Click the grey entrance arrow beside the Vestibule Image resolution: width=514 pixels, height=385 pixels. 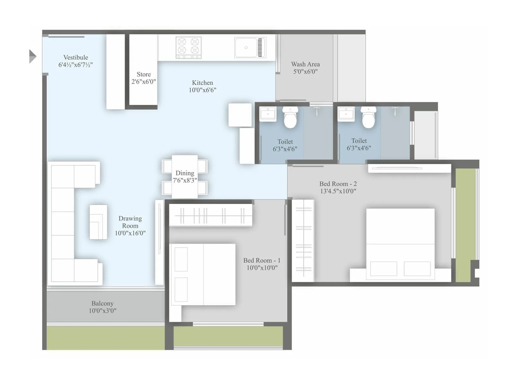click(32, 56)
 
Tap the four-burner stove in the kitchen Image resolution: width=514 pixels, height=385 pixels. click(189, 47)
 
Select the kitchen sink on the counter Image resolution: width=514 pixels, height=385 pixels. click(246, 47)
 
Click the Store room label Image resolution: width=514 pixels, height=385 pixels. click(144, 74)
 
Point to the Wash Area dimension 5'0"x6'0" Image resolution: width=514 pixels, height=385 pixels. click(305, 72)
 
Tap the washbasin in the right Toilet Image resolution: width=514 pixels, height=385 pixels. click(346, 114)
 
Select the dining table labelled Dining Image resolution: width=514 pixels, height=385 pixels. click(185, 177)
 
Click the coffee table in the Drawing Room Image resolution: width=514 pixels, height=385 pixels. click(98, 222)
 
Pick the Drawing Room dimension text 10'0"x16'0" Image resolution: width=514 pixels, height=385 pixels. click(130, 233)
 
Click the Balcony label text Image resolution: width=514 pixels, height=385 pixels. click(102, 303)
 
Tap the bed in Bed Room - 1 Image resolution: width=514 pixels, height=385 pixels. click(203, 274)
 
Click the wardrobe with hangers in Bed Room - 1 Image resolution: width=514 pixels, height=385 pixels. click(211, 216)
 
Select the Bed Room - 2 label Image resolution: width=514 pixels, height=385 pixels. click(338, 184)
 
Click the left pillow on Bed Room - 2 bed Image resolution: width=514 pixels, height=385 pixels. click(384, 269)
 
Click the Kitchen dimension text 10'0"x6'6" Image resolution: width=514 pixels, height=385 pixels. click(202, 90)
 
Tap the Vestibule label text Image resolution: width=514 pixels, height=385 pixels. click(75, 57)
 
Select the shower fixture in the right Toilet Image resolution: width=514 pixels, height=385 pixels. click(395, 110)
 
